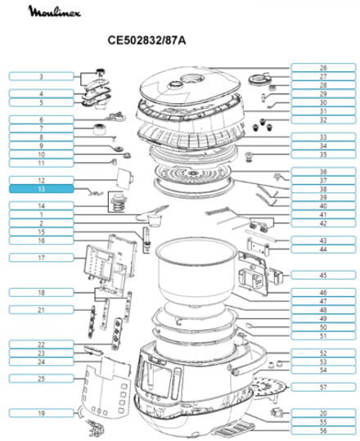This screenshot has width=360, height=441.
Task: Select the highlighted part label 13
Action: point(41,188)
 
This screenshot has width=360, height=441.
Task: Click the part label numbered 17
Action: point(41,258)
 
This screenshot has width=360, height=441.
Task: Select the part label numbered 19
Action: point(41,413)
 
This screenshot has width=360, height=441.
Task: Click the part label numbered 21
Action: point(41,310)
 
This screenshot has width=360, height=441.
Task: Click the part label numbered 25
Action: point(41,378)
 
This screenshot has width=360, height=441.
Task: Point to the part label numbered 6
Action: point(41,119)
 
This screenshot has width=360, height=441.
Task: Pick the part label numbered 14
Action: point(41,205)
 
